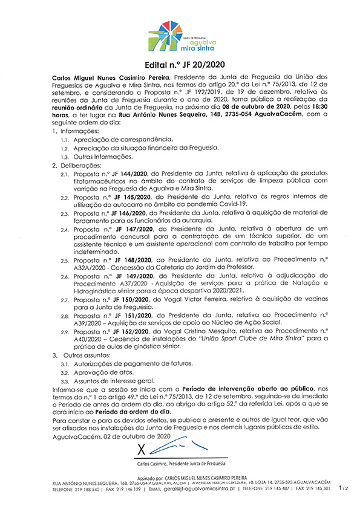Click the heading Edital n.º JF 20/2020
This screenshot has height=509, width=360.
point(180,65)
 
